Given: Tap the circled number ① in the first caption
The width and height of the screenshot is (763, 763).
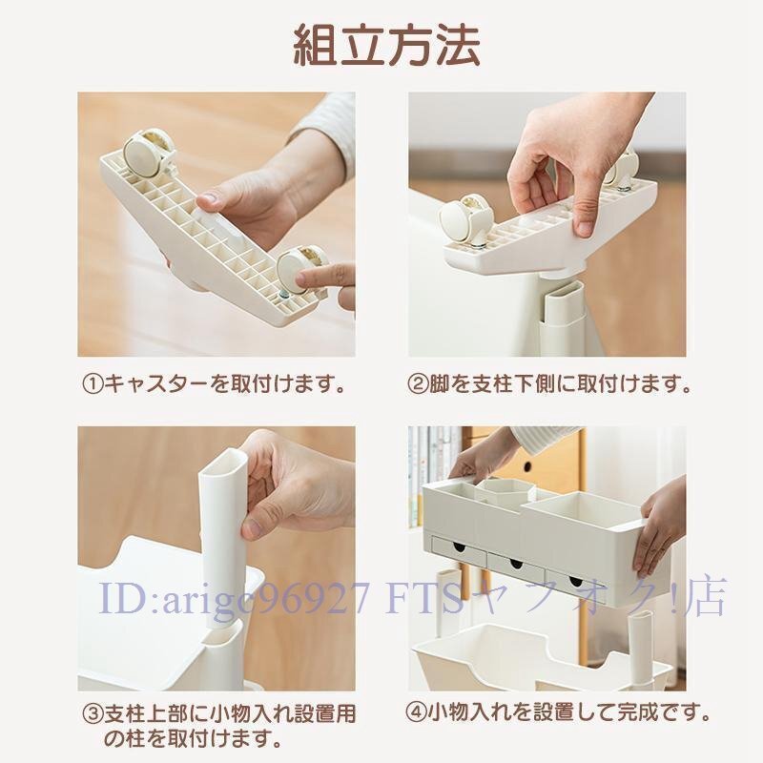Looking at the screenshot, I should [x=92, y=386].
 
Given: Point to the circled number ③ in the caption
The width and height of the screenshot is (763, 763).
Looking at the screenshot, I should [x=92, y=712].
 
